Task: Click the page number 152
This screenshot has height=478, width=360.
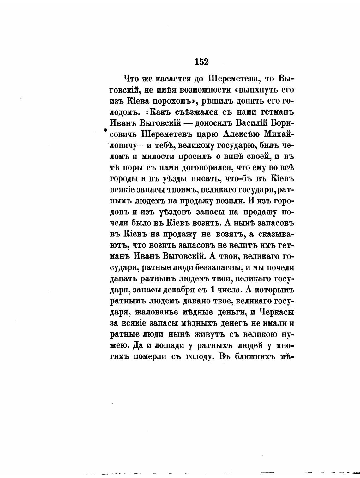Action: [x=202, y=62]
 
